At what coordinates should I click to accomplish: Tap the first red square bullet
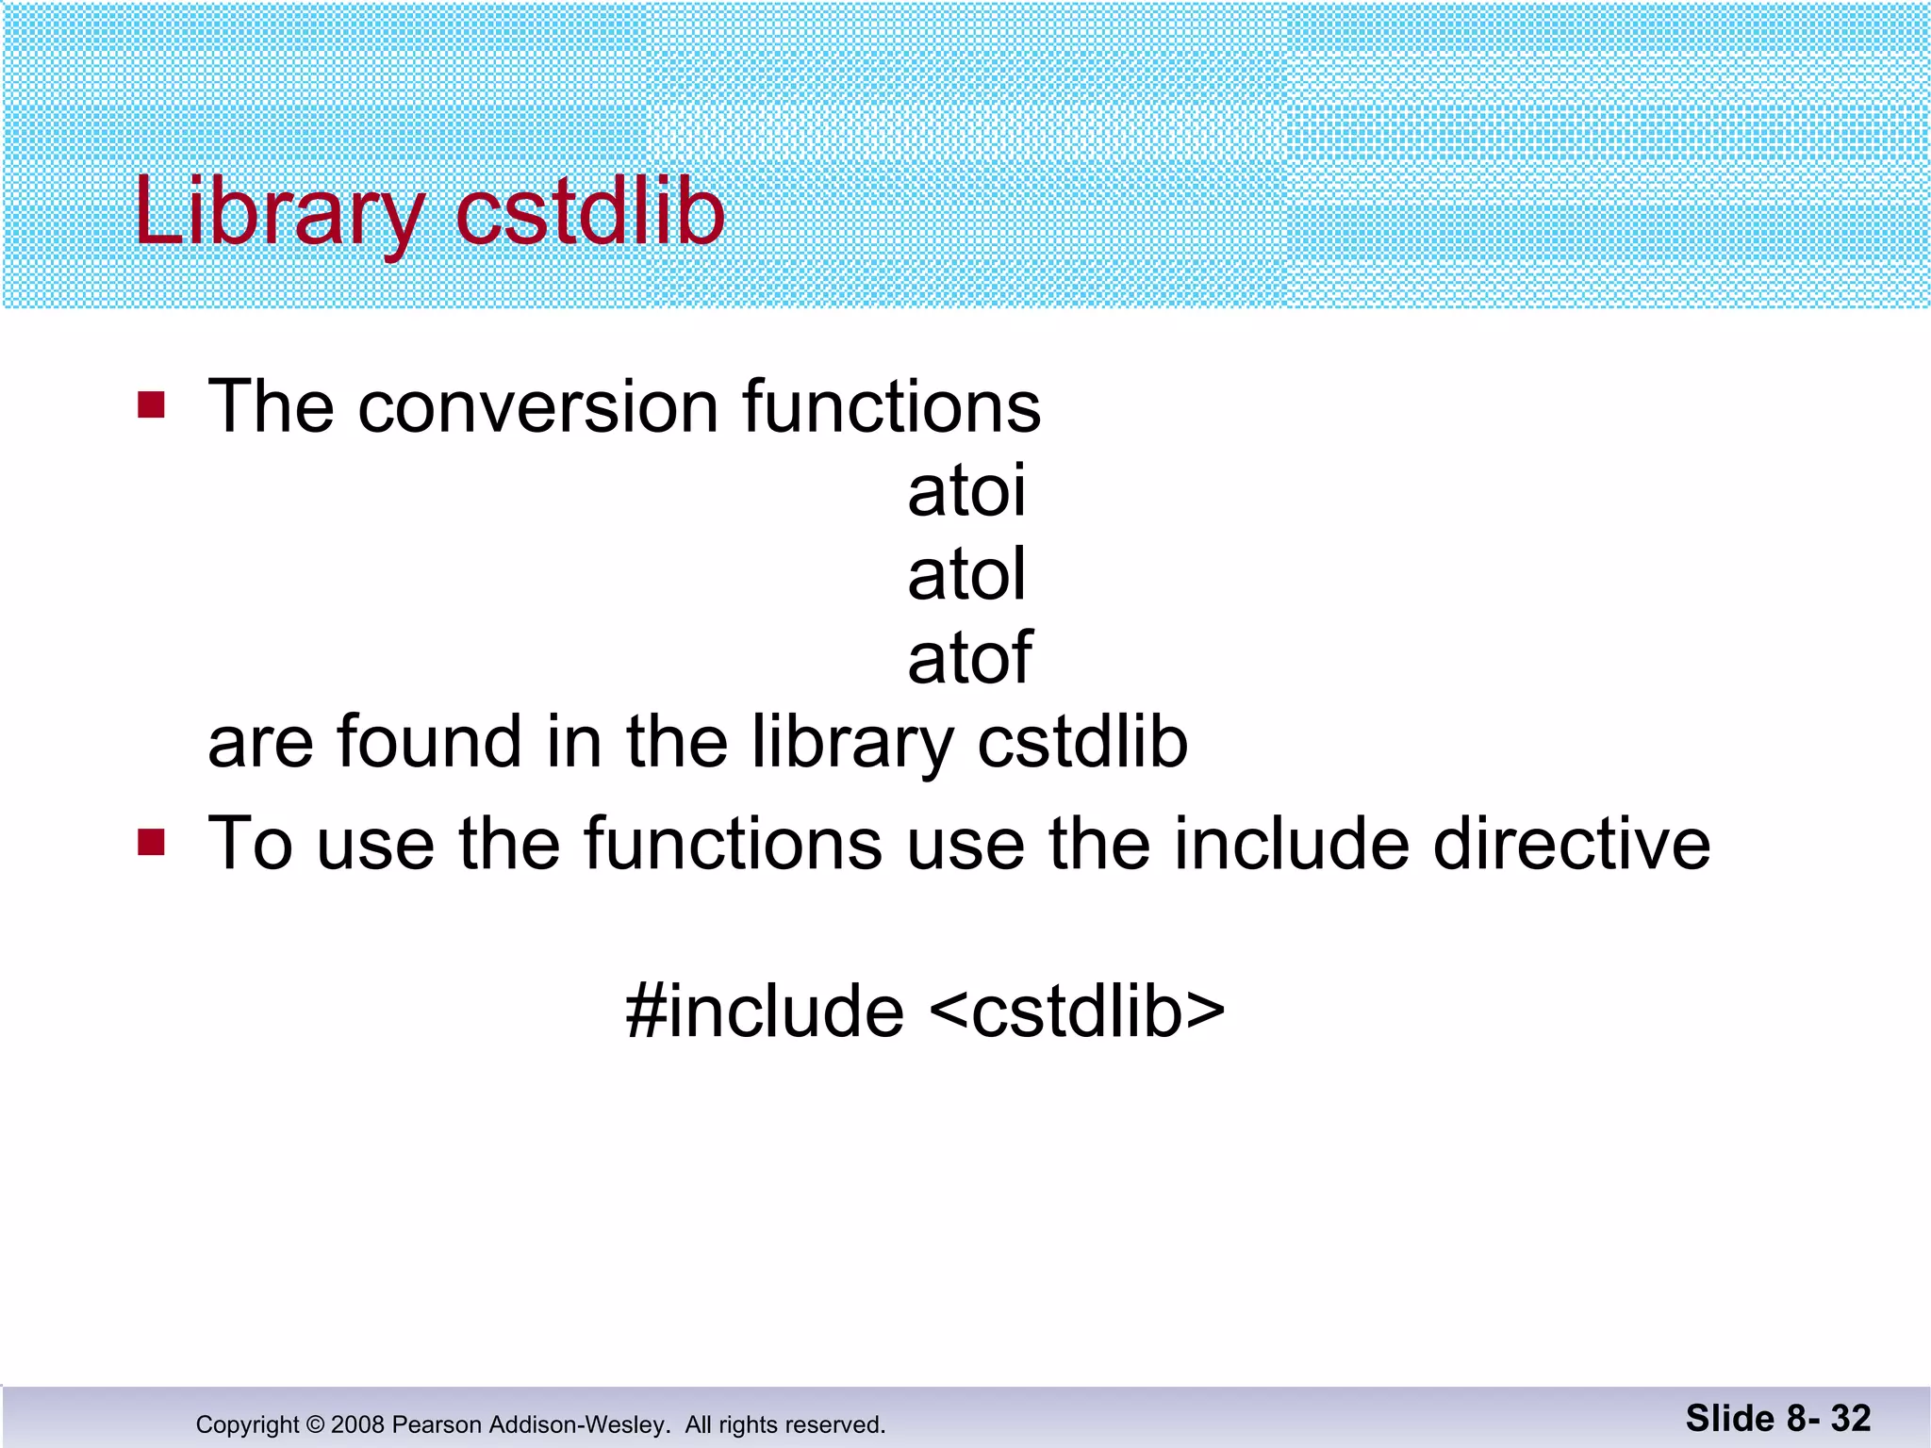[x=151, y=405]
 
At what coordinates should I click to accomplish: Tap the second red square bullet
[x=151, y=842]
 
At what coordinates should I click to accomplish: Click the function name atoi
[x=966, y=490]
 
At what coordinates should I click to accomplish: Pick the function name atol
[x=966, y=574]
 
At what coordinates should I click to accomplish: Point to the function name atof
[x=969, y=657]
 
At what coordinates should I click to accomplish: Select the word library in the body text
[x=853, y=744]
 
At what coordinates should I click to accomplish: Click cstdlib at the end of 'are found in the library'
[x=1082, y=742]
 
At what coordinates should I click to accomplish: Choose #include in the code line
[x=765, y=1011]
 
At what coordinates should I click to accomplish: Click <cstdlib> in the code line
[x=1077, y=1011]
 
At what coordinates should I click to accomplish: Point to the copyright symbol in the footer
[x=315, y=1424]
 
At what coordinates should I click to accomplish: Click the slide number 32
[x=1850, y=1418]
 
